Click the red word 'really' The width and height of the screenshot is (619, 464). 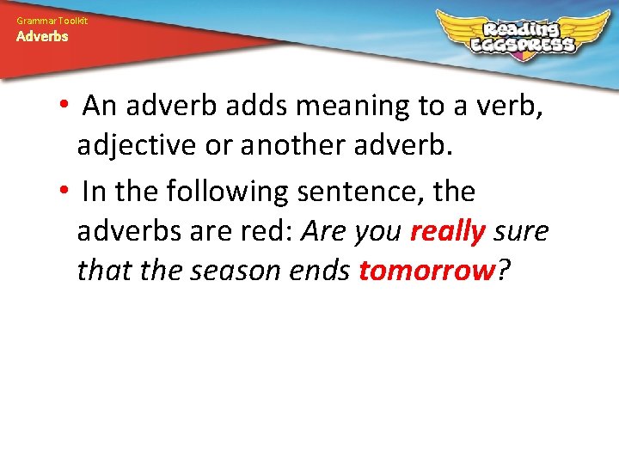448,233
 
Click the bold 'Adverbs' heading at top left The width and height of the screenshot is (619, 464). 42,36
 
